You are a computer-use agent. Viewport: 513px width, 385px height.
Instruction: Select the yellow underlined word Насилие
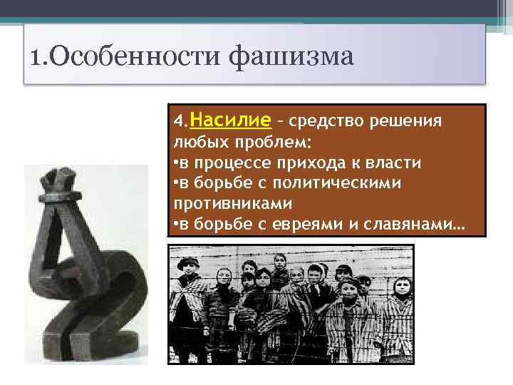231,118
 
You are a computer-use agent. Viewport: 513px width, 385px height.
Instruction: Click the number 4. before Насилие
181,120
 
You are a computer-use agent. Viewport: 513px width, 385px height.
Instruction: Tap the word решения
410,120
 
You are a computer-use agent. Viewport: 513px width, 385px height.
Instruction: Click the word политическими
342,184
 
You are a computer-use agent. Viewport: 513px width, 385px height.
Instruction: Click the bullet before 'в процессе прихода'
176,163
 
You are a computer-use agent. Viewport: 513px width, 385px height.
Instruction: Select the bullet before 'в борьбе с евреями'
176,226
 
